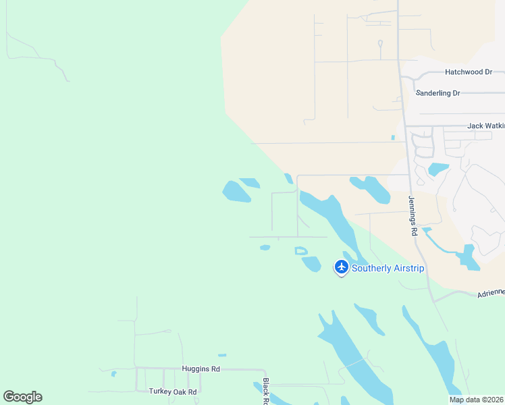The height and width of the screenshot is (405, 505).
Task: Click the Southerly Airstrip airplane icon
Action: pos(342,267)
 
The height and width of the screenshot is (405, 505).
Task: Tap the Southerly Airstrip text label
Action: pos(388,269)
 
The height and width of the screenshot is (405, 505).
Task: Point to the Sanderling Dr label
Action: pos(437,93)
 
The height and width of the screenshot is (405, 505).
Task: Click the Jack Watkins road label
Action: pos(485,126)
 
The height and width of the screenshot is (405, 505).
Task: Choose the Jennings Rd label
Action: pos(413,215)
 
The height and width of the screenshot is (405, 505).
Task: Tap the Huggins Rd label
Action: pos(201,369)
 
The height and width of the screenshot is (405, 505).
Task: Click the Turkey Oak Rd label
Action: pos(173,391)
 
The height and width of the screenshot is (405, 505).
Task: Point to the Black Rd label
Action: pos(265,391)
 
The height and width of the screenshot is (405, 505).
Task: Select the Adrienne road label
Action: pos(490,292)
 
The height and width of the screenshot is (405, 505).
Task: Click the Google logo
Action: pos(22,397)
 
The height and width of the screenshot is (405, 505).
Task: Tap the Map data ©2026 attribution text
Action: pos(476,400)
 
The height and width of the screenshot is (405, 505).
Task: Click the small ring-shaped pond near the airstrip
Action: pos(301,251)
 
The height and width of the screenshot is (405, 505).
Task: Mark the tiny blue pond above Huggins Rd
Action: pos(222,355)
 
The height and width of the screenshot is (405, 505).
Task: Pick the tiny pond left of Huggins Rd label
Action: pos(114,373)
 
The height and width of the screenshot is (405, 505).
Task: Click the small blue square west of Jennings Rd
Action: pos(392,138)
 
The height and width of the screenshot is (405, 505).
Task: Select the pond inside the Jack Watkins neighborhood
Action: pos(438,169)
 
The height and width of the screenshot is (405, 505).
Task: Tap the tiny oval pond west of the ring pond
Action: pos(265,248)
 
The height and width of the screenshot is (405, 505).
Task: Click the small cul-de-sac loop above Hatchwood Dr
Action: pos(380,46)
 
